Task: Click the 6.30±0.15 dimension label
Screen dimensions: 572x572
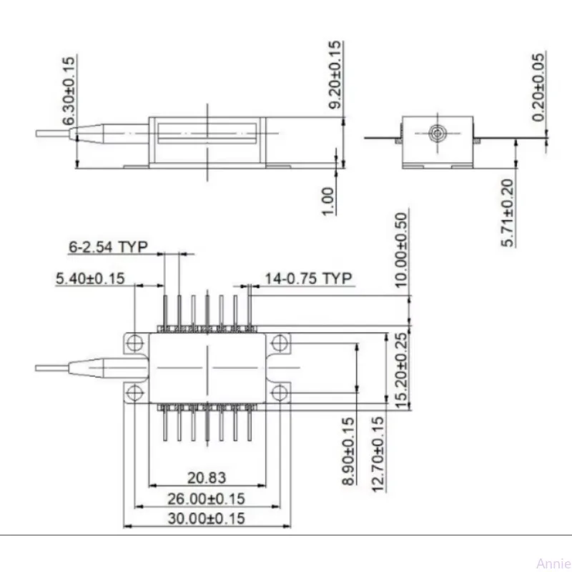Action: [x=69, y=91]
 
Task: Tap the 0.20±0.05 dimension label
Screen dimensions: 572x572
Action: [x=539, y=87]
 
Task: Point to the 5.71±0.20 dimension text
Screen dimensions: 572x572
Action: [x=506, y=213]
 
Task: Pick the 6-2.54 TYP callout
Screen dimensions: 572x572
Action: [x=108, y=247]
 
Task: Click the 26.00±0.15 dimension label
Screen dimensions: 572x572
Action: [x=207, y=498]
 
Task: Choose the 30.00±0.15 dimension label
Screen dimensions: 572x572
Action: [x=207, y=518]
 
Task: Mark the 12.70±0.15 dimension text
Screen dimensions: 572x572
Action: [x=378, y=452]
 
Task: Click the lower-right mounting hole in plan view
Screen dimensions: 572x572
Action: [x=280, y=391]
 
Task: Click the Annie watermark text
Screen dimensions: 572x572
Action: [x=551, y=561]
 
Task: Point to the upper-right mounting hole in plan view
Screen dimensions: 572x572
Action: [x=280, y=344]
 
